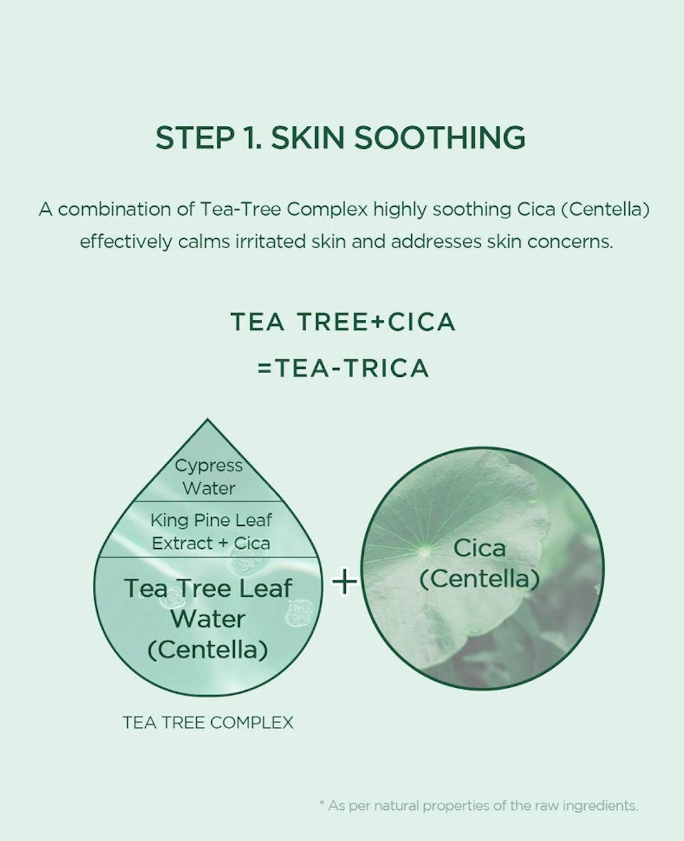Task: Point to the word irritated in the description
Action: tap(270, 241)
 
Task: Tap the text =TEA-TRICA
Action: tap(343, 368)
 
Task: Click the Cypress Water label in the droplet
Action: tap(209, 477)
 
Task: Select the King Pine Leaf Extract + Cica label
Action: tap(211, 532)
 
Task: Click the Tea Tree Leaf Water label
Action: tap(208, 603)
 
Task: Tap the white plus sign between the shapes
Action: tap(344, 581)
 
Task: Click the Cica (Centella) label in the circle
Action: tap(480, 564)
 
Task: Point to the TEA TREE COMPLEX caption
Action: tap(208, 723)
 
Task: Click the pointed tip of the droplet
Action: tap(208, 419)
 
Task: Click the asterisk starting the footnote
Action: tap(321, 803)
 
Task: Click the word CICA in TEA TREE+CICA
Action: tap(422, 322)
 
